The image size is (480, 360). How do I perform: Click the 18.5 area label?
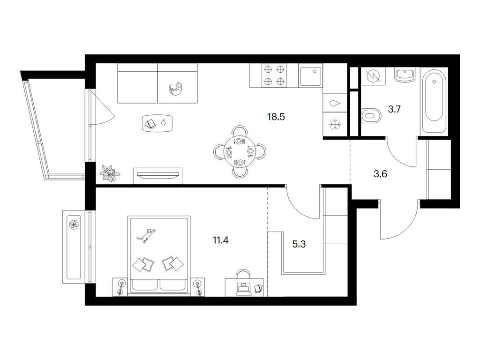point(276,117)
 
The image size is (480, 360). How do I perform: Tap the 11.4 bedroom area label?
point(220,240)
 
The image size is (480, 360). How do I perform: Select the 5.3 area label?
point(299,244)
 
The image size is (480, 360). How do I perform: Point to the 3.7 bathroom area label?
point(394,109)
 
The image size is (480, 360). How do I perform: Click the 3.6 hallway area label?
point(380,174)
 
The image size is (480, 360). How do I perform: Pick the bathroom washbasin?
point(404,75)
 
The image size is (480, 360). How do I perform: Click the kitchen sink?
point(310,76)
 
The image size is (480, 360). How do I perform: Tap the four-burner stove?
point(274,75)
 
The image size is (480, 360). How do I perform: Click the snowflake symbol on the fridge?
point(335,125)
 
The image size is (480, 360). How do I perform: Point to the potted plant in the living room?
point(110,173)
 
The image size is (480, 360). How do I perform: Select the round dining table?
point(240,151)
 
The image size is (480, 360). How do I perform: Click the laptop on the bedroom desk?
point(244,289)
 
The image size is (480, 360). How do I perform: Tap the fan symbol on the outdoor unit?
point(74,225)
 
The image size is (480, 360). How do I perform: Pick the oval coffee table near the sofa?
point(157,123)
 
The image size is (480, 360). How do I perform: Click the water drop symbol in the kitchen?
point(335,103)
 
